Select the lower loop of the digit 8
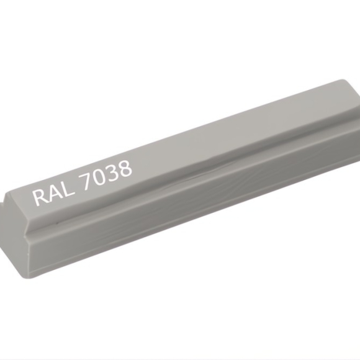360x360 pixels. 125,173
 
